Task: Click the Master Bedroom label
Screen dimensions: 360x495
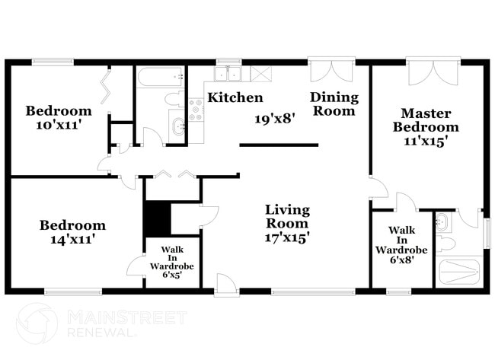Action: click(426, 119)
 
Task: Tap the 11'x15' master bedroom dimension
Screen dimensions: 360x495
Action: click(426, 141)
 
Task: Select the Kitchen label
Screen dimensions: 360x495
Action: click(235, 98)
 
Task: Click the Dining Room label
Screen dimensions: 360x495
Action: click(333, 104)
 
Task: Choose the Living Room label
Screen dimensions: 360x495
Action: click(287, 216)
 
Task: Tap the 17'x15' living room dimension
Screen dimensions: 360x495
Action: click(287, 237)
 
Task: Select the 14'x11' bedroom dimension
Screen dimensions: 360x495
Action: click(72, 239)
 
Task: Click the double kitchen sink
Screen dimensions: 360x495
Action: click(228, 74)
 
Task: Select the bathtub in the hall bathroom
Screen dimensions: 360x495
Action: click(161, 76)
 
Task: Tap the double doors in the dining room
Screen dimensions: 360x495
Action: click(331, 72)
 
